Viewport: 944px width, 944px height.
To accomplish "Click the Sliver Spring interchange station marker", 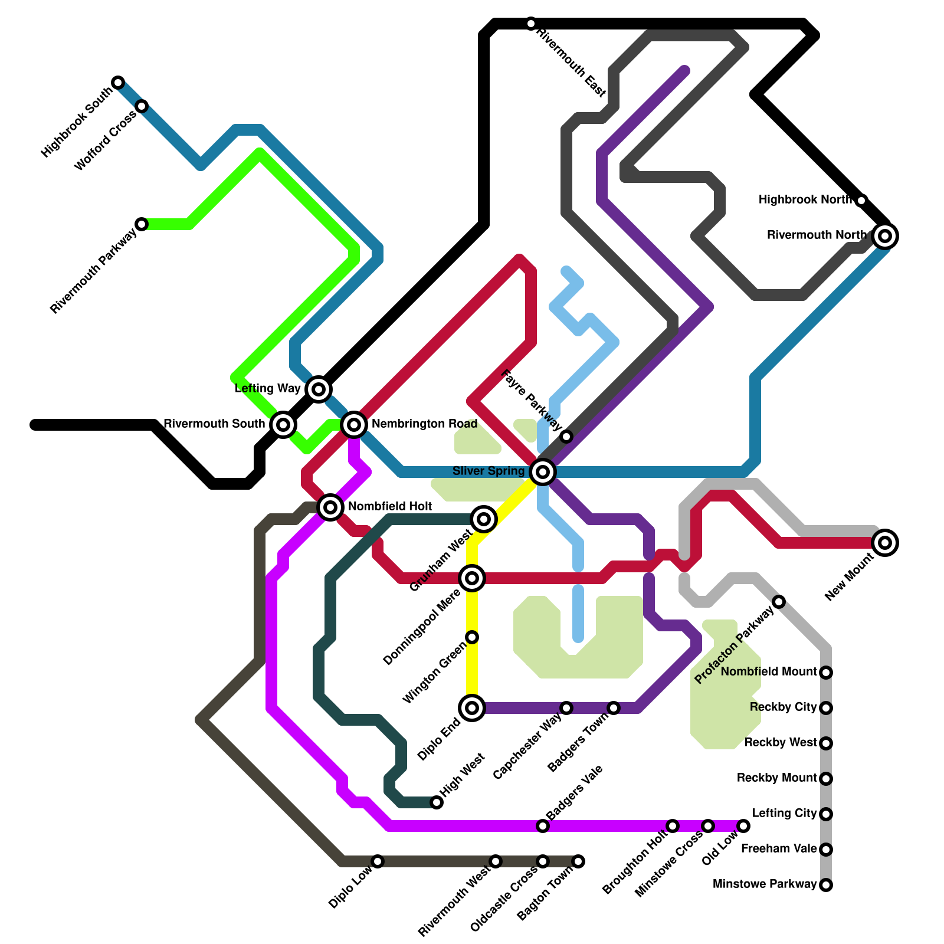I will click(543, 472).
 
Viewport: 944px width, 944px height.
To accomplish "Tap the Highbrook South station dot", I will click(118, 82).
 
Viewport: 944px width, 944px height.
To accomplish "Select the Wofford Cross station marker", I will click(142, 106).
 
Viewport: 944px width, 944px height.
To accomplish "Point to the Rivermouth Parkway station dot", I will click(142, 224).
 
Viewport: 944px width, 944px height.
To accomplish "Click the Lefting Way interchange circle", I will click(319, 389).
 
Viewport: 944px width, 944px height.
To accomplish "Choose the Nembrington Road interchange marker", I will click(354, 424).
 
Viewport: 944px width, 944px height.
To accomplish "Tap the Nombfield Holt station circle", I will click(330, 507).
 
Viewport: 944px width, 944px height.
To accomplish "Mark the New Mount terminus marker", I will click(885, 543).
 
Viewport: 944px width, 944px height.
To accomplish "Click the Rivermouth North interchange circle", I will click(885, 236).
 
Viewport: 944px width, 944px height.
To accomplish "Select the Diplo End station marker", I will click(472, 708).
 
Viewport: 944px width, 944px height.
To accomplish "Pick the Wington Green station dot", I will click(472, 637).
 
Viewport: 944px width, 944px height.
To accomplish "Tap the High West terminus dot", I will click(437, 802).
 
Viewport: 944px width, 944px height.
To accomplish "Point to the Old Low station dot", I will click(743, 826).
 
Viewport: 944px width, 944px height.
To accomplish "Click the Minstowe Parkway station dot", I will click(826, 885).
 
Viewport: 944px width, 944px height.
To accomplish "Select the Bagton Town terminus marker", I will click(578, 861).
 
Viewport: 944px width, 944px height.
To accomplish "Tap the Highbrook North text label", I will click(805, 200).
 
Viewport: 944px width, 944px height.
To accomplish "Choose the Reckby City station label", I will click(784, 707).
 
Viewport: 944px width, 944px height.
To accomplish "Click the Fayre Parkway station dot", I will click(566, 437).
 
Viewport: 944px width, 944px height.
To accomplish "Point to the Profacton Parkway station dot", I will click(779, 602).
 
